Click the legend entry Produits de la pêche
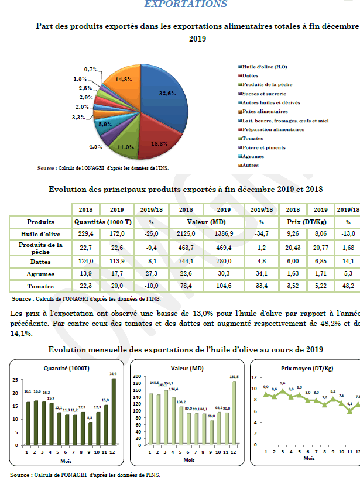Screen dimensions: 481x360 click(267, 84)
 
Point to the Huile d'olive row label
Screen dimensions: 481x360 click(40, 234)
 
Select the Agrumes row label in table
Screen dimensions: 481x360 click(40, 274)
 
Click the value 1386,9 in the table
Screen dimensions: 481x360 click(224, 234)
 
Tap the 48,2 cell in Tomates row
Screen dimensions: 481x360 click(348, 286)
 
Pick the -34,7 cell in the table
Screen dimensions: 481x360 click(262, 234)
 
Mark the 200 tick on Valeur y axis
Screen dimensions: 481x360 click(138, 377)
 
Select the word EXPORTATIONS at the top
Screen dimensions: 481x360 click(186, 4)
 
